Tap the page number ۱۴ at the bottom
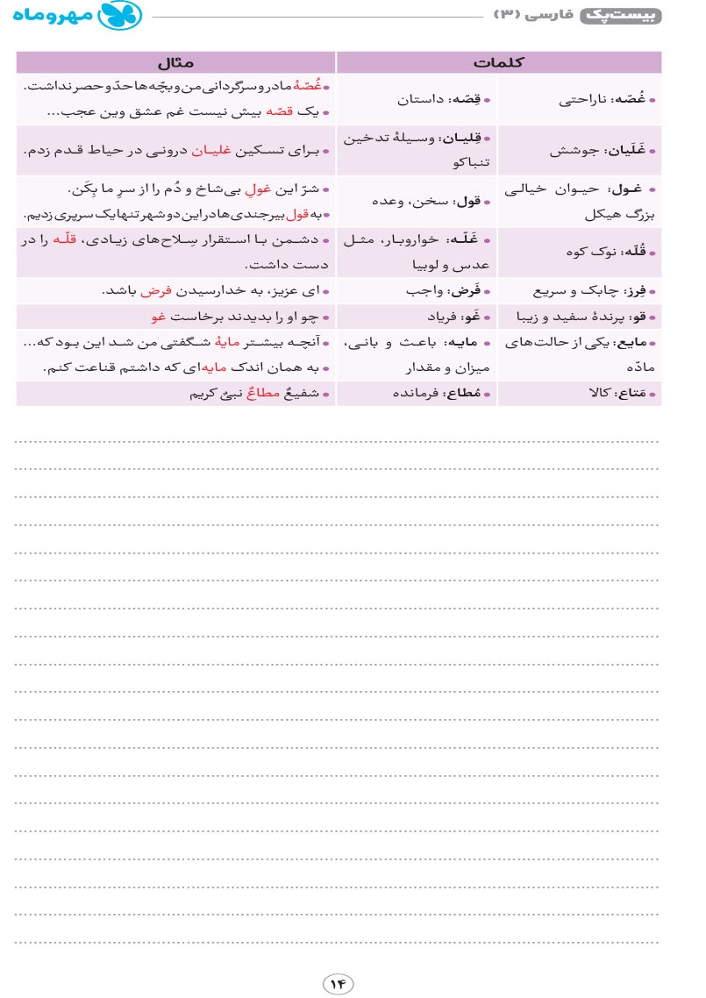(x=339, y=983)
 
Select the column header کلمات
(x=498, y=62)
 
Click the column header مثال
(x=175, y=62)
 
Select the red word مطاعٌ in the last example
(x=265, y=394)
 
